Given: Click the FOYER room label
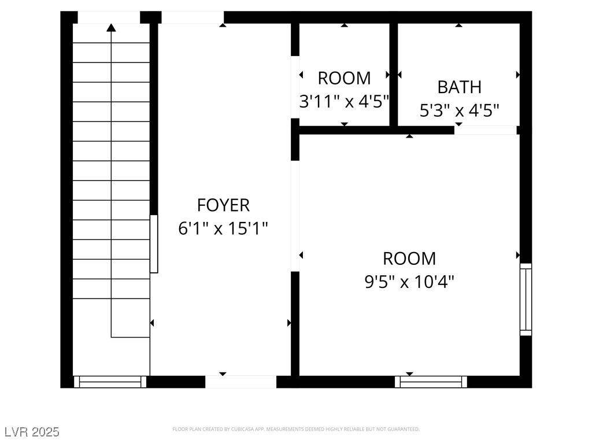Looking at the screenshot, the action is (223, 205).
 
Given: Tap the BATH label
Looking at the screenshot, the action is (459, 87).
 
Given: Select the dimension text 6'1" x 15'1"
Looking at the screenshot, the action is (223, 228).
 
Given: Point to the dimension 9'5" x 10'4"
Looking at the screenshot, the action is (409, 282).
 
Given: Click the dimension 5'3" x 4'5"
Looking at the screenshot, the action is (459, 110).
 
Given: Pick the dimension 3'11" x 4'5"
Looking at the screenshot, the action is (344, 102).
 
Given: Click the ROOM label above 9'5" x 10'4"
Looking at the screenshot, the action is (409, 258).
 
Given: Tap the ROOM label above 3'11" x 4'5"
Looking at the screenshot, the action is (344, 78).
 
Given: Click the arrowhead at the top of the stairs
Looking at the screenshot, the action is (111, 27).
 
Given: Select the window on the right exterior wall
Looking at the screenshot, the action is (526, 299).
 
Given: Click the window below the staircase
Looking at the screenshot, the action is (110, 382).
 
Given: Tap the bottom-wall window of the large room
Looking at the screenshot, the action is (431, 382).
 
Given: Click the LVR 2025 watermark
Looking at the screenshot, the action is (32, 431).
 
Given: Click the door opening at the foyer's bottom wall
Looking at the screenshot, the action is (241, 382).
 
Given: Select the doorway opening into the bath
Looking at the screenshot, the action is (486, 130).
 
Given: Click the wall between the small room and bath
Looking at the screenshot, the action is (393, 75).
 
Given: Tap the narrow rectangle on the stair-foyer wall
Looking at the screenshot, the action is (154, 244).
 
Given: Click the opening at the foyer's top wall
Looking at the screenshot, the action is (193, 17).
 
